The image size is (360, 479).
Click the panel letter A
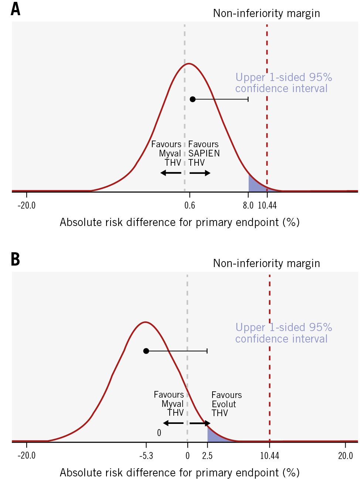15,9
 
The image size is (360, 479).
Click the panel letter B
15,259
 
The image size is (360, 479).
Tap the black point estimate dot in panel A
193,99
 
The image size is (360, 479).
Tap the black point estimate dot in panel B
146,351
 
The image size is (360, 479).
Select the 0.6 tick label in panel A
190,205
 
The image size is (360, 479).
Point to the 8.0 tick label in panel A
248,205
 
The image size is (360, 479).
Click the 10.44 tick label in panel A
267,205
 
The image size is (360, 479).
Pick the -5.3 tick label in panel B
146,456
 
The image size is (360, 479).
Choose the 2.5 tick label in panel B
207,456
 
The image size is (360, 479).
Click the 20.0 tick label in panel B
346,456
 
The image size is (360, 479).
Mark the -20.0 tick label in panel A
27,205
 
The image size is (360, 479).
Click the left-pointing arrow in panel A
171,173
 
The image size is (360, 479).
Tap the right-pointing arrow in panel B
200,423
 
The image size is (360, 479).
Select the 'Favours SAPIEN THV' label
204,154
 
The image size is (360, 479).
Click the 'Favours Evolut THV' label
226,404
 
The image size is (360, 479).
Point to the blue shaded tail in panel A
255,185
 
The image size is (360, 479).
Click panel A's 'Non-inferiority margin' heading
266,13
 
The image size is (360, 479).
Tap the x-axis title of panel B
180,472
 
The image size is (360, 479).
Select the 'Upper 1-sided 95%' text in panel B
283,327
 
